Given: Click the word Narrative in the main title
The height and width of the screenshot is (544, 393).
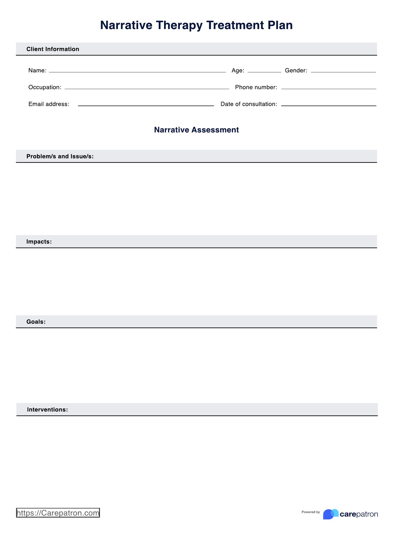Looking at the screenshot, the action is pos(126,25).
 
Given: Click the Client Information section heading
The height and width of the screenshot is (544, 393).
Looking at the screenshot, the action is pos(53,49).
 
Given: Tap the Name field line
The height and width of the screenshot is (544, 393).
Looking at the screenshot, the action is pos(137,71).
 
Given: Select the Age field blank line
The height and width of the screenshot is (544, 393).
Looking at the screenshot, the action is pos(264,71).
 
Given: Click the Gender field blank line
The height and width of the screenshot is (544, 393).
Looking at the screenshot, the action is pos(343,71).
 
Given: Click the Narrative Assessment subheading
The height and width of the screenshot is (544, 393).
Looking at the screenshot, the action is pos(196,130).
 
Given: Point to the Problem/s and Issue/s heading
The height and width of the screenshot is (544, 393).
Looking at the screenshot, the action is pos(60,156).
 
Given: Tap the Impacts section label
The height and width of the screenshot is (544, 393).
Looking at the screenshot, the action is pos(39,242).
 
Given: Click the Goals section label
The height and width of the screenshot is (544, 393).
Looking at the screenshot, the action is pos(36,322).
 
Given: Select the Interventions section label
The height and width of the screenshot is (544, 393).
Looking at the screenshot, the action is pos(47,410).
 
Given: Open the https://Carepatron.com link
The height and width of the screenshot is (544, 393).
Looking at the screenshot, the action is pos(58,513).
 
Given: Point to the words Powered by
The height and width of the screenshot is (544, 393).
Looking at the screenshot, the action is pos(310,512).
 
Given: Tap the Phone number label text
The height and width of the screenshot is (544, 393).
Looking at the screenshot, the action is pos(256,87).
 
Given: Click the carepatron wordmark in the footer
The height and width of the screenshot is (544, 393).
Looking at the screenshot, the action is pos(359,514).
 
